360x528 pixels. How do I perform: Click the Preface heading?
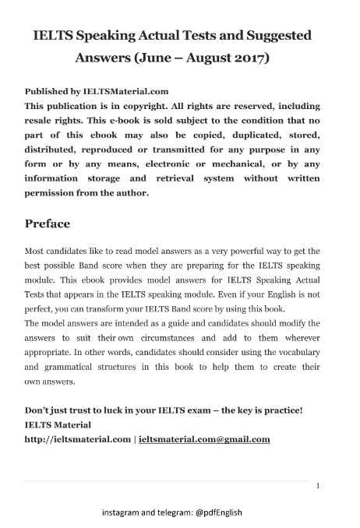(x=48, y=224)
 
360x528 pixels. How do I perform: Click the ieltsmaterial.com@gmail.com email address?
(x=204, y=439)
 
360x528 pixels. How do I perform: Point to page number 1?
(x=318, y=486)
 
